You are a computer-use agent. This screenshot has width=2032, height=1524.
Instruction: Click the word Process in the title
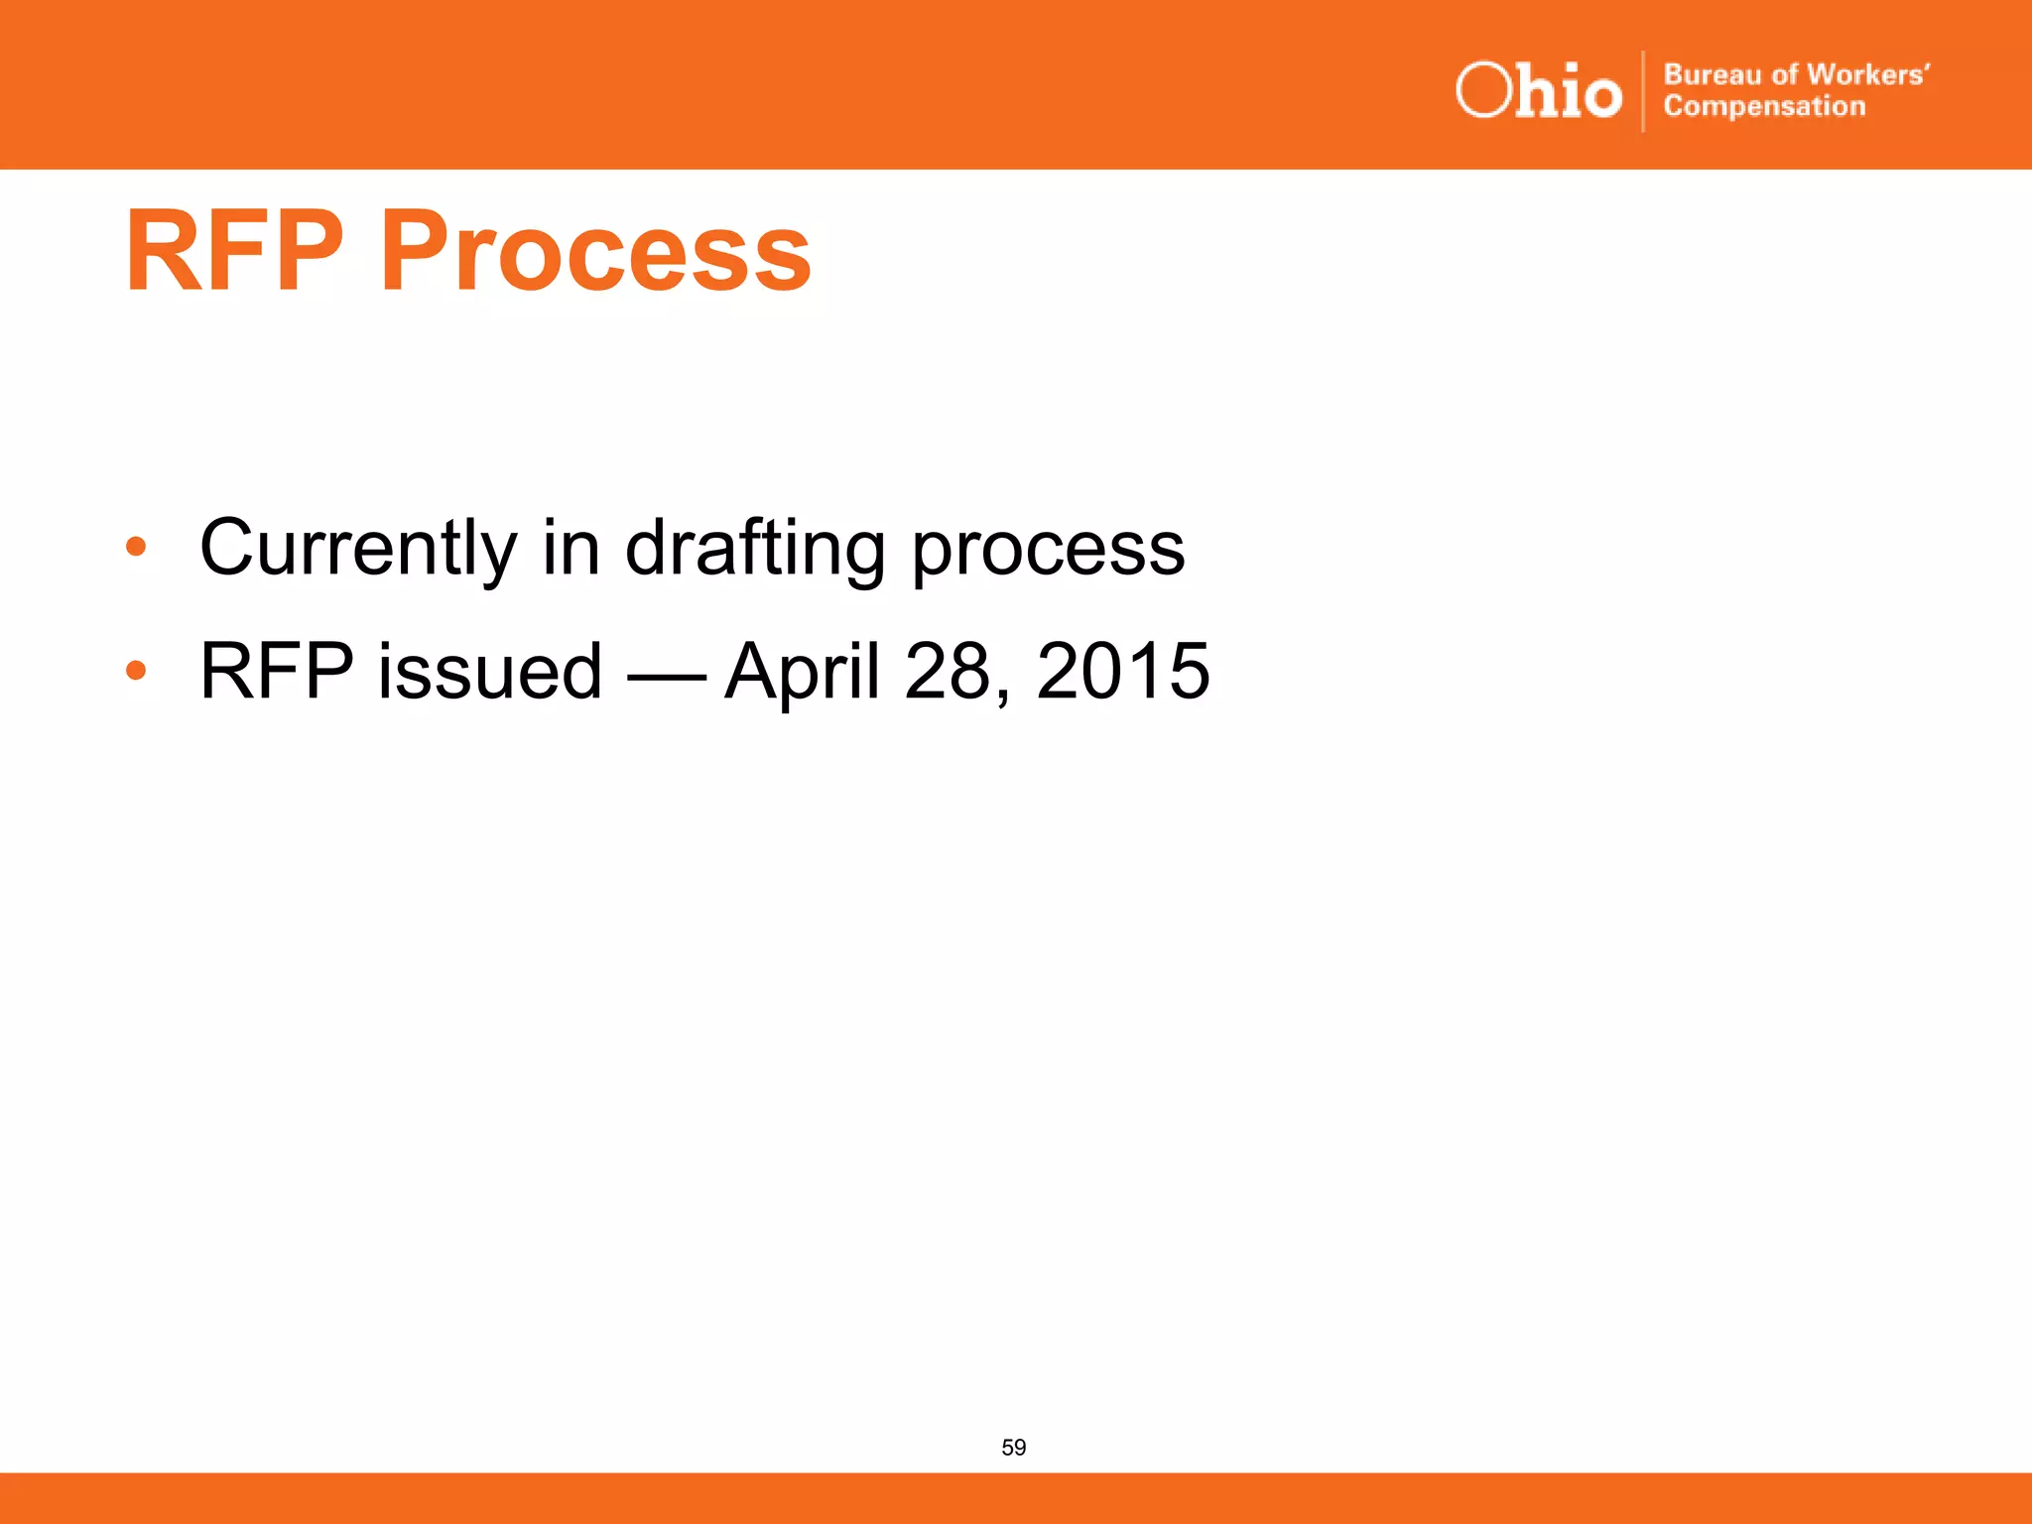595,253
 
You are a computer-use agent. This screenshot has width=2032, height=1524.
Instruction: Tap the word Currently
358,548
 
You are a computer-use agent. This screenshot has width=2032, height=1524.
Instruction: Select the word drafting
755,550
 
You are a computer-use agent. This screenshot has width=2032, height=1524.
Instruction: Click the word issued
489,672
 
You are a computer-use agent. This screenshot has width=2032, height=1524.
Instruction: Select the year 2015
1122,672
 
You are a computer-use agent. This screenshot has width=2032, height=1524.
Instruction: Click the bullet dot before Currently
136,547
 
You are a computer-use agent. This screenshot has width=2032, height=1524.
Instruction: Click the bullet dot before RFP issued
136,671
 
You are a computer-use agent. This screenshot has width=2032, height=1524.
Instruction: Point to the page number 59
1013,1448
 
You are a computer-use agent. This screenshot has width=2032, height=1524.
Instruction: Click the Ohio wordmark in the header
1538,91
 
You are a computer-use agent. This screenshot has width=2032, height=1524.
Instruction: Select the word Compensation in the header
1764,106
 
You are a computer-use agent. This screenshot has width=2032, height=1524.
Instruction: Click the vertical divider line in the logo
1643,91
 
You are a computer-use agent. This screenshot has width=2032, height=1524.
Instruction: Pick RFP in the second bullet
277,672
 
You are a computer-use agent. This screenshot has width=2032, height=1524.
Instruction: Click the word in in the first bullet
571,548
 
